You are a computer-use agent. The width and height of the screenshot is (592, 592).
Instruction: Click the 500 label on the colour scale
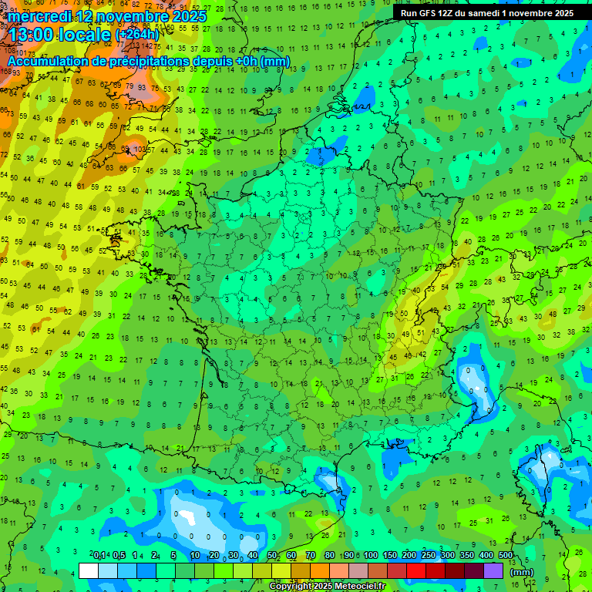coord(506,555)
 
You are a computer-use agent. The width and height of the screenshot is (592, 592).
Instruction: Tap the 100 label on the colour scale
coord(371,555)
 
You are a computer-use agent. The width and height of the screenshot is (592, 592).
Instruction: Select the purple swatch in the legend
coord(493,570)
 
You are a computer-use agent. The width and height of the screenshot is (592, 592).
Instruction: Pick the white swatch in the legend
coord(89,570)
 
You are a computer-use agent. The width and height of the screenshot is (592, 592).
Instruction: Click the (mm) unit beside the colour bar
coord(523,572)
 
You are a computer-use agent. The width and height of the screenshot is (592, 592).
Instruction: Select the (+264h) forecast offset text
coord(137,35)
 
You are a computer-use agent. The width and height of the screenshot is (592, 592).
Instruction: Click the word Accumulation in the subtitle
coord(48,62)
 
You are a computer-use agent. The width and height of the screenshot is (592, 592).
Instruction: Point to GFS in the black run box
coord(431,13)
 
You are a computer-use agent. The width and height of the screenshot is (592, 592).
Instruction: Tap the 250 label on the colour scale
coord(429,555)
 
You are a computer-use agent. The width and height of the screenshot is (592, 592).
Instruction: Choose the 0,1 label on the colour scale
coord(99,555)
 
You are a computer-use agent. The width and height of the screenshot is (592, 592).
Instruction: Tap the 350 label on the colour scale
coord(467,555)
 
